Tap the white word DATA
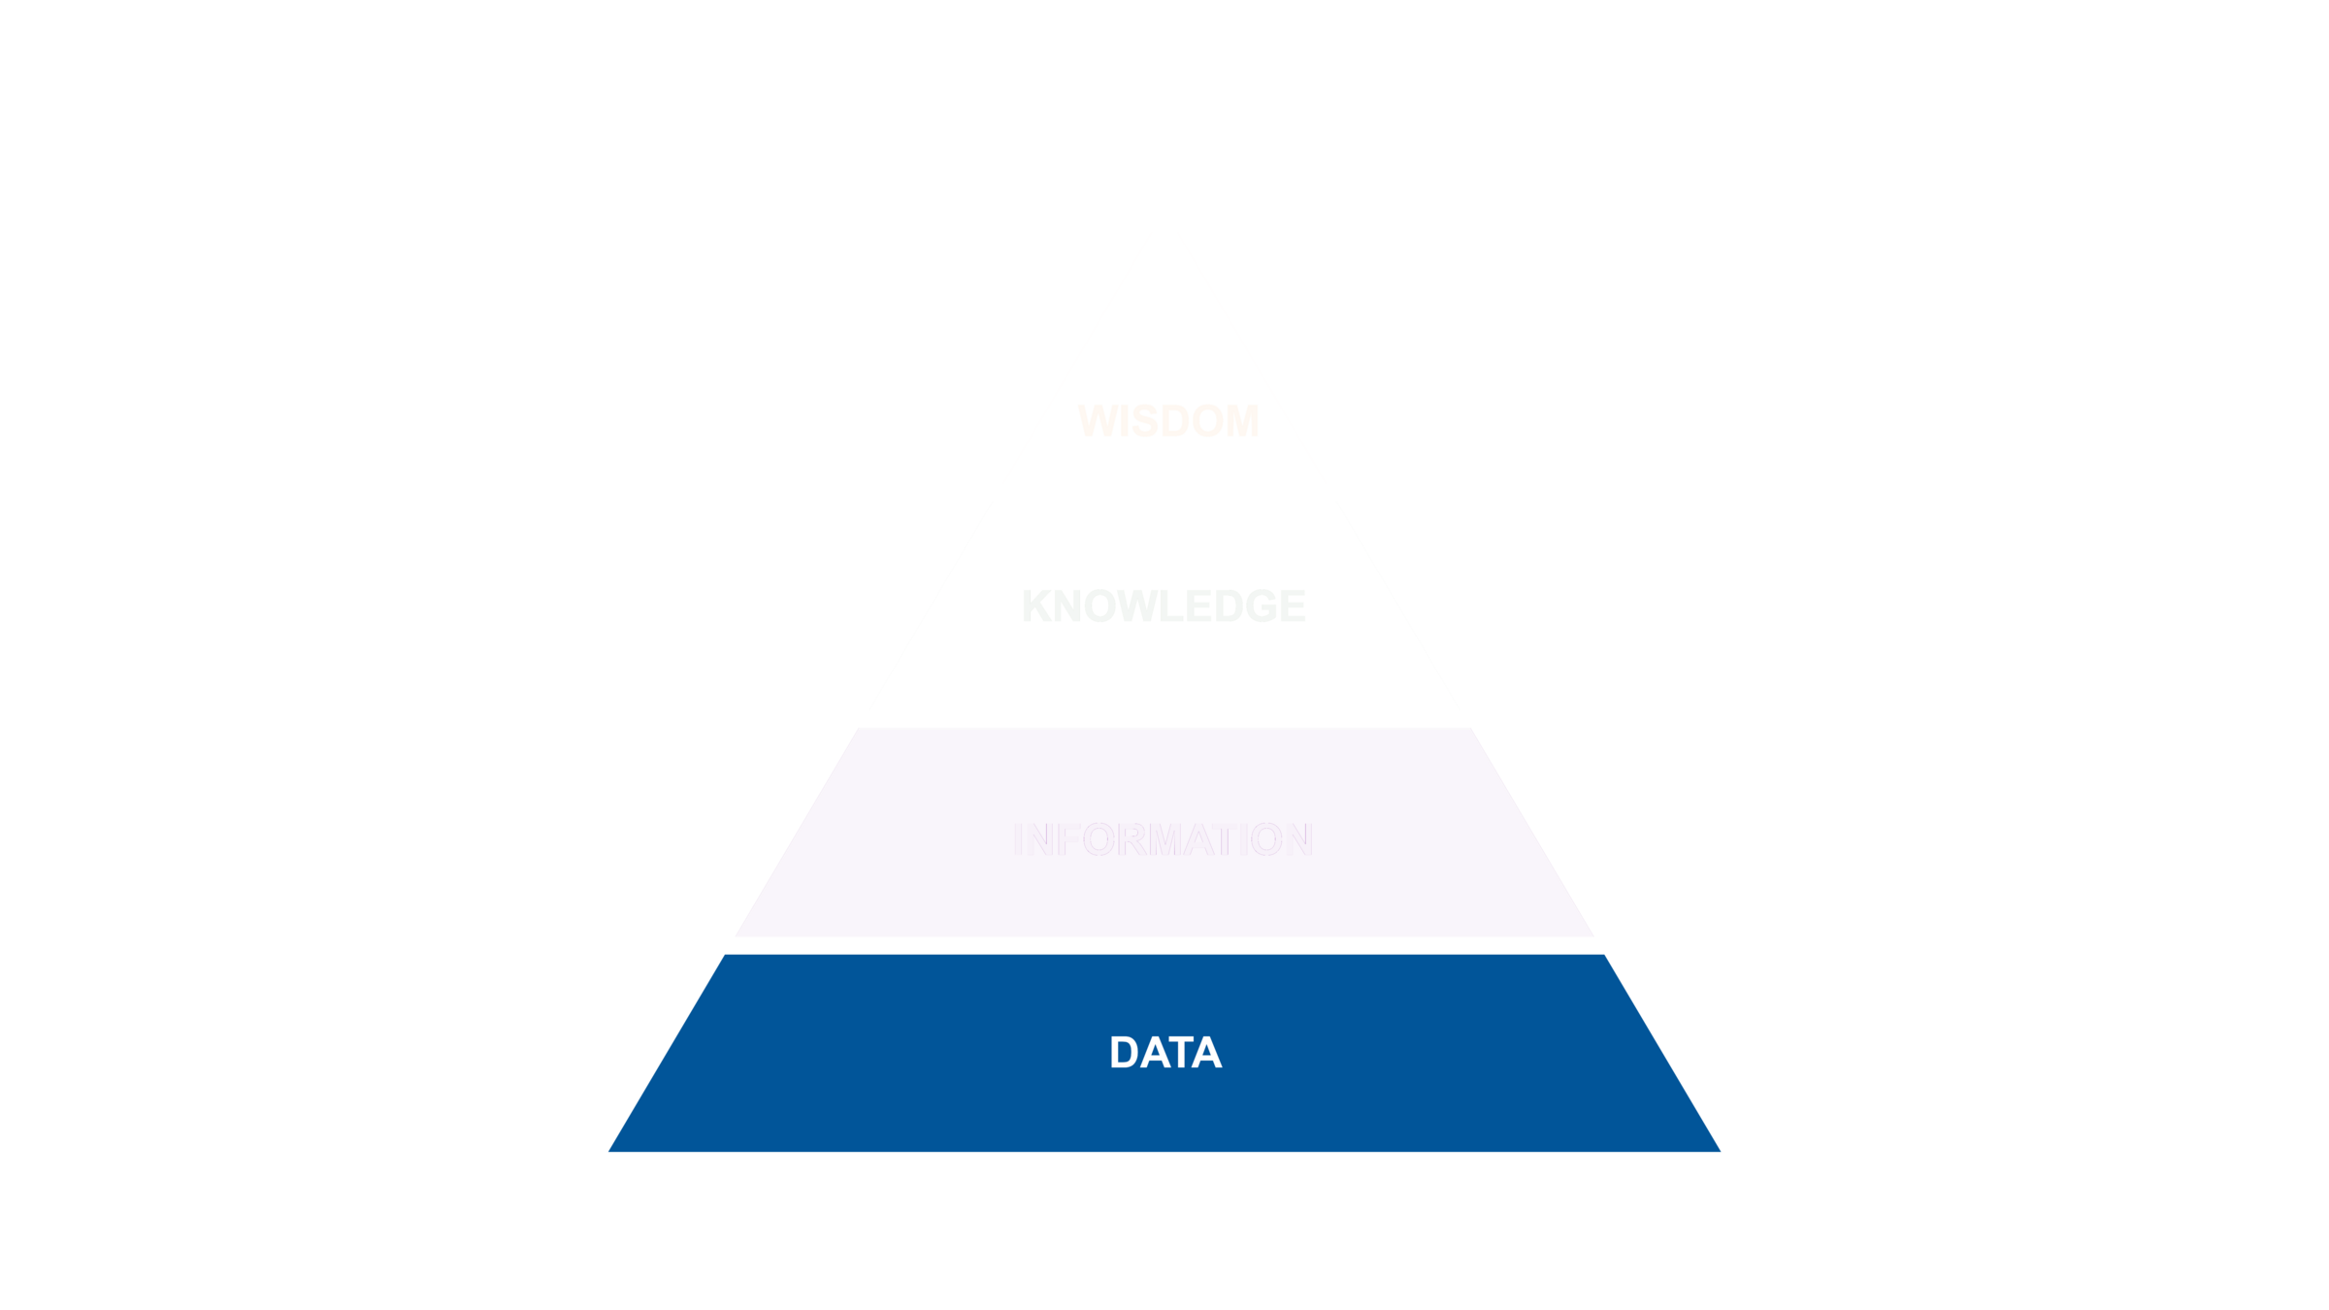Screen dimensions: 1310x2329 [x=1165, y=1053]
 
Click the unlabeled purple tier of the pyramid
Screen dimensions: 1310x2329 [x=1164, y=833]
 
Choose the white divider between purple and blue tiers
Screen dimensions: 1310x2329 [x=1164, y=945]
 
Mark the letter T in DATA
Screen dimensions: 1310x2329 [x=1179, y=1053]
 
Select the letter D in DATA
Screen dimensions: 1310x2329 [x=1125, y=1053]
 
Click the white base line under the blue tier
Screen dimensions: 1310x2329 [x=1164, y=1161]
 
